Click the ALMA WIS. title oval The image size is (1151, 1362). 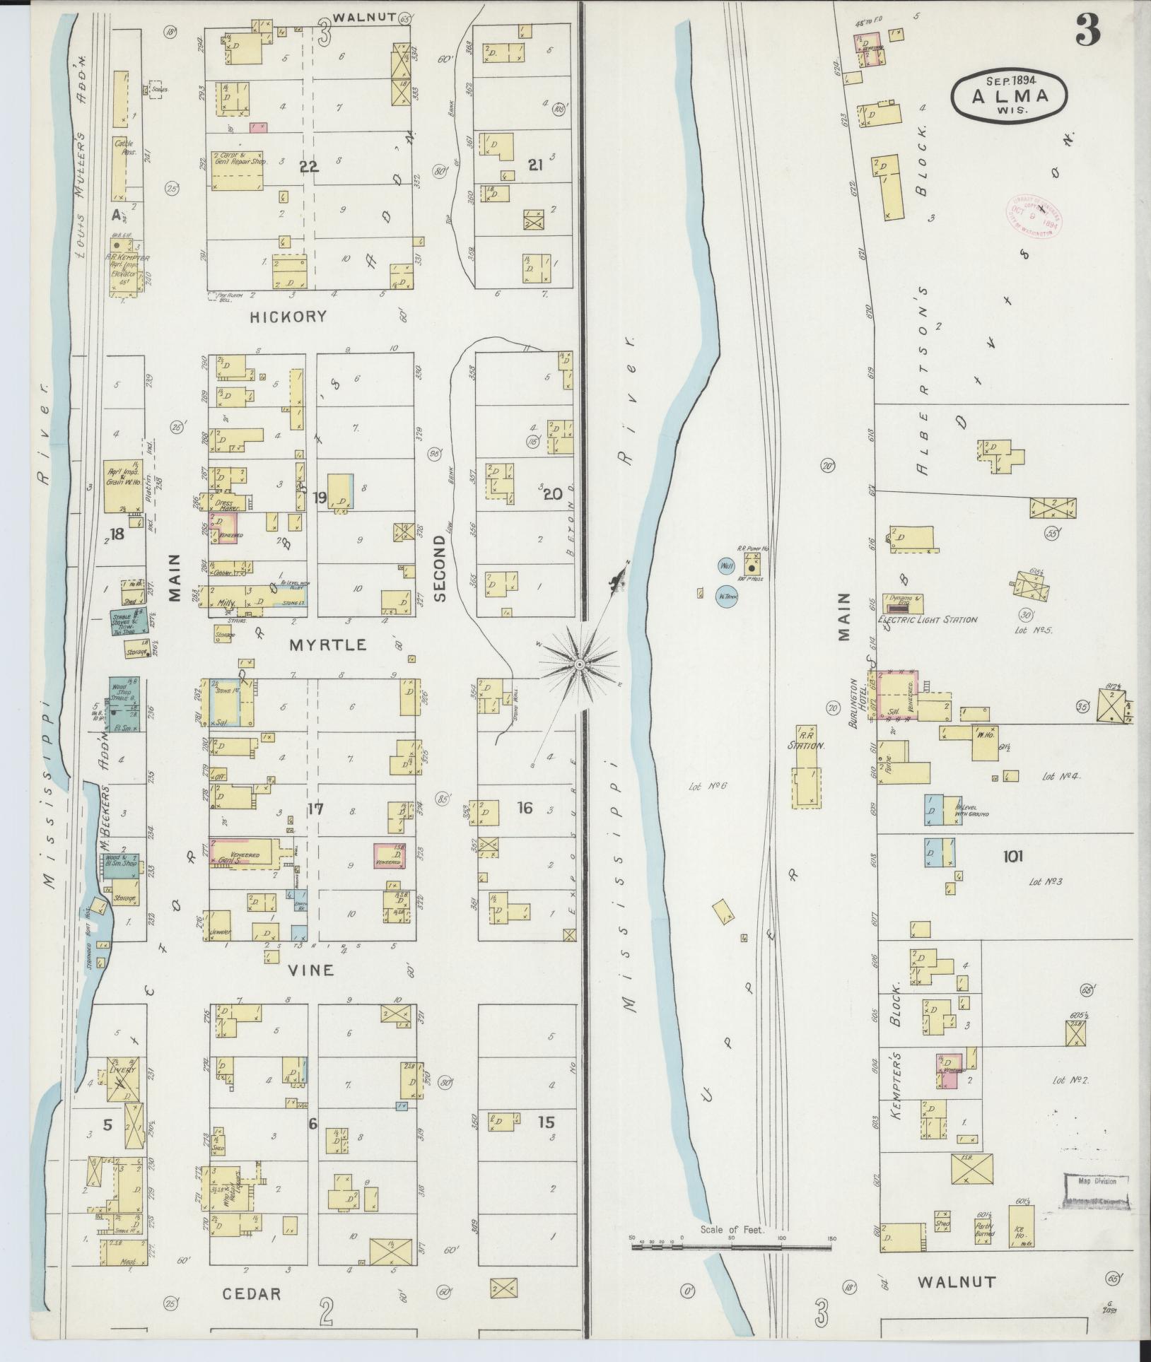coord(1009,94)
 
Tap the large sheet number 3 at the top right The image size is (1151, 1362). coord(1088,30)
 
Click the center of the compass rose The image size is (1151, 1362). coord(579,665)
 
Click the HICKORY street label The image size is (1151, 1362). coord(288,317)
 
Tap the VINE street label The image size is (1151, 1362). coord(312,970)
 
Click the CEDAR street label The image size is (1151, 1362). coord(252,1294)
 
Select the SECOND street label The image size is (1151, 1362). coord(440,568)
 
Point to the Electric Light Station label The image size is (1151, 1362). coord(927,620)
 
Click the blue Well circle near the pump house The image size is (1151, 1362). coord(726,566)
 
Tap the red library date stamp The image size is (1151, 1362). coord(1033,216)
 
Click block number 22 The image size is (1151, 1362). coord(309,167)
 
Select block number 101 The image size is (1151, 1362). coord(1012,857)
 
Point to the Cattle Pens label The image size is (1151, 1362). coord(124,147)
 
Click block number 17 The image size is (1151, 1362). coord(315,808)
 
